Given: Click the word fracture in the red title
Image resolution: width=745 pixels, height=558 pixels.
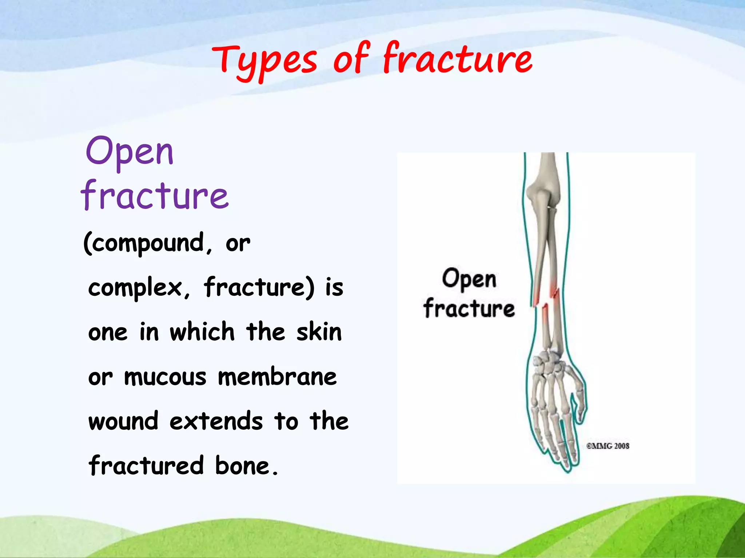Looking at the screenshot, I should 458,58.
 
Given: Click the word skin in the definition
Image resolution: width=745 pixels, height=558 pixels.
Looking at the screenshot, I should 319,332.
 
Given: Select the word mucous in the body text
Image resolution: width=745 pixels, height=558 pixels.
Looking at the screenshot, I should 166,377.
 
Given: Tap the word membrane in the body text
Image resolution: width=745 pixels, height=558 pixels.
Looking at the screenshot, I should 277,377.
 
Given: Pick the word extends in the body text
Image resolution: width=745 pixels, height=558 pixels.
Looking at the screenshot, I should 216,421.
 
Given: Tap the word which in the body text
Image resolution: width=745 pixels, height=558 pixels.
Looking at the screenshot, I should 202,332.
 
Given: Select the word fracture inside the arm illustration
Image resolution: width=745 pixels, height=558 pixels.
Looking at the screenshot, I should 469,308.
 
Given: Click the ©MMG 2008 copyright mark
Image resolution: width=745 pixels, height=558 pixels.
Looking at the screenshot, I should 607,446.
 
